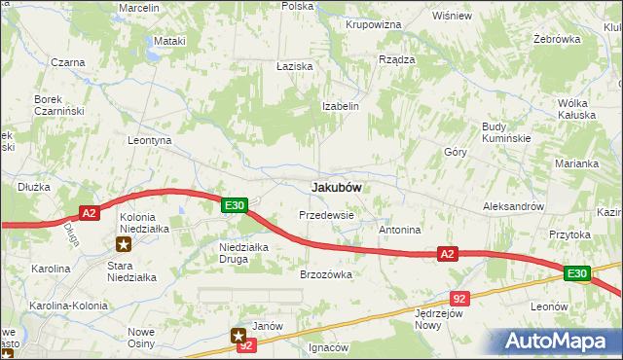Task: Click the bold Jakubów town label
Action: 337,187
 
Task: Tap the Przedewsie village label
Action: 326,214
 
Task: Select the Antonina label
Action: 399,231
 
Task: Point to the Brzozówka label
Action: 325,274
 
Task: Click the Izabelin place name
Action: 342,106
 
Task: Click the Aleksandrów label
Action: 513,207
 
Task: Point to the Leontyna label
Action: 150,140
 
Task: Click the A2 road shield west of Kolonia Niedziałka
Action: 89,213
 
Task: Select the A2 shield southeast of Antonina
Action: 447,254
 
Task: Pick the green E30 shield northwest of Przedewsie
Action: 234,205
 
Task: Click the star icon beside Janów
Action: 239,335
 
